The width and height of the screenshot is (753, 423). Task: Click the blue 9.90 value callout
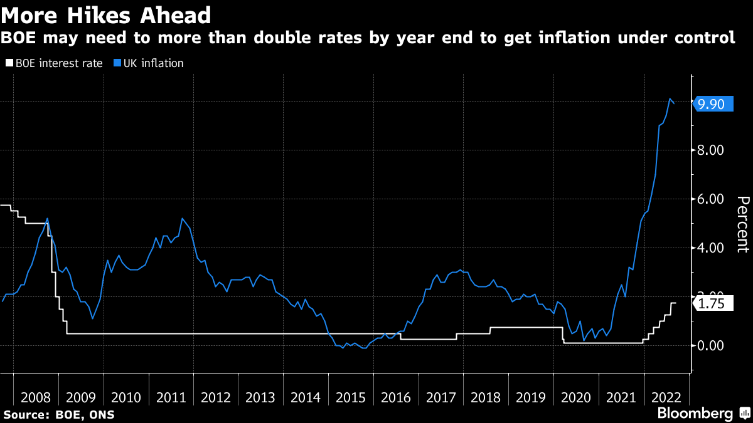[x=712, y=105]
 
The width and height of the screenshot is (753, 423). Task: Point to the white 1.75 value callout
[x=712, y=304]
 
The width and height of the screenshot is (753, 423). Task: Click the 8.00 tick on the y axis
[x=711, y=150]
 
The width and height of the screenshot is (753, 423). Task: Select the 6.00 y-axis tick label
[x=711, y=199]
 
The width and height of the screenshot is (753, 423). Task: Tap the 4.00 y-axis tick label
[x=711, y=248]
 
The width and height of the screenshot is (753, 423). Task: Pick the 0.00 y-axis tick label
[x=711, y=345]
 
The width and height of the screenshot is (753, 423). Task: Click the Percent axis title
[x=742, y=224]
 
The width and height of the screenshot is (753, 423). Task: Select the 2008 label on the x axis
[x=36, y=397]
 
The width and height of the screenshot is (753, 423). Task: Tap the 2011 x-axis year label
[x=171, y=397]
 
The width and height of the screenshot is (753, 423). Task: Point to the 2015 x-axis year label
[x=351, y=397]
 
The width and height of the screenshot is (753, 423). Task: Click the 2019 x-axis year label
[x=531, y=397]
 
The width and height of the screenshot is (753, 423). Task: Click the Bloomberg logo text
[x=695, y=414]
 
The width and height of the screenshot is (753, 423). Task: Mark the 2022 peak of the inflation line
[x=670, y=99]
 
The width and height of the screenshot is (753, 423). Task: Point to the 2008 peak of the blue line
[x=48, y=218]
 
